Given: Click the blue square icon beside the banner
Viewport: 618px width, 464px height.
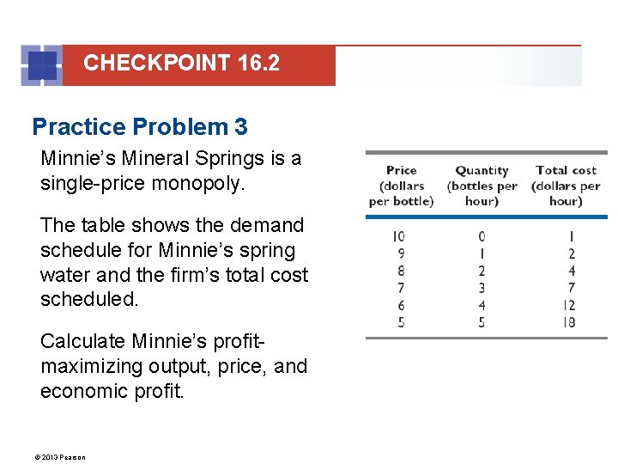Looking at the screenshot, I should pos(42,65).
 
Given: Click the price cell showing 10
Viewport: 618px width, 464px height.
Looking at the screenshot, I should pos(398,236).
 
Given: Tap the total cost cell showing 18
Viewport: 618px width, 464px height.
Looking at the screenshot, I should pos(569,323).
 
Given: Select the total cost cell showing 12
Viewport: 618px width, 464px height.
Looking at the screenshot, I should pos(569,306).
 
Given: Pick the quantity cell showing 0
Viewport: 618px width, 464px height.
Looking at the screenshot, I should pos(482,236).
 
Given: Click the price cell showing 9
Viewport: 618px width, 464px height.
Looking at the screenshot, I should pos(401,253).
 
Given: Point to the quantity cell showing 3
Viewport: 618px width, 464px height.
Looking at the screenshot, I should pos(482,289).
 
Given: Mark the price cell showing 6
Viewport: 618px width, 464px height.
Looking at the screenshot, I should pos(401,306).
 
